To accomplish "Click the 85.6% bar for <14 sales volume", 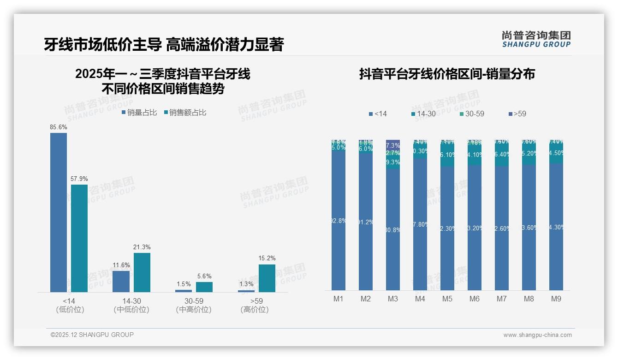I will pyautogui.click(x=59, y=212).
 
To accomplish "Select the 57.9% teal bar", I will pyautogui.click(x=79, y=238).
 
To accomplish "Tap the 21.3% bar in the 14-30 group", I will pyautogui.click(x=142, y=272).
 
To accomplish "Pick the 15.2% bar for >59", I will pyautogui.click(x=267, y=278).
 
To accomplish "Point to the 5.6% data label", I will pyautogui.click(x=204, y=276).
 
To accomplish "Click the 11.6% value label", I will pyautogui.click(x=121, y=265).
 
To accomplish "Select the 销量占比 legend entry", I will pyautogui.click(x=139, y=112).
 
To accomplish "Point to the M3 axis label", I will pyautogui.click(x=393, y=299).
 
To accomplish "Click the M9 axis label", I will pyautogui.click(x=556, y=299).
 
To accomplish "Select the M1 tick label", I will pyautogui.click(x=339, y=299).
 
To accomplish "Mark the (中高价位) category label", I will pyautogui.click(x=194, y=310).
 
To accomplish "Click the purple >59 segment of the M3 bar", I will pyautogui.click(x=393, y=144).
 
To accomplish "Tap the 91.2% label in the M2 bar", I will pyautogui.click(x=366, y=222).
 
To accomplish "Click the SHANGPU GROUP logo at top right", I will pyautogui.click(x=536, y=39).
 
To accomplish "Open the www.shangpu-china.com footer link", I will pyautogui.click(x=537, y=335).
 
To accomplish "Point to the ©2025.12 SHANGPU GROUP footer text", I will pyautogui.click(x=92, y=335).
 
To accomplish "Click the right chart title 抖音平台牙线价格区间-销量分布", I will pyautogui.click(x=447, y=74).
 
